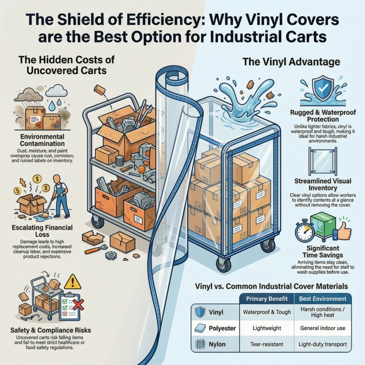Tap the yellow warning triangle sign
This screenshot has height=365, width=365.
tap(72, 282)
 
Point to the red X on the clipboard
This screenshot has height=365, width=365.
tap(78, 304)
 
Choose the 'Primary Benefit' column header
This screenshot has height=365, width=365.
tap(267, 299)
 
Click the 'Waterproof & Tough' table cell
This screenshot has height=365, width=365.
tap(267, 312)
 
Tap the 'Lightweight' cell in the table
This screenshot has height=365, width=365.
tap(267, 328)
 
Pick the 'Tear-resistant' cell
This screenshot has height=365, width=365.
tap(267, 344)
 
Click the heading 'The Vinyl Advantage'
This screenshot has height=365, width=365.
tap(291, 62)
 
